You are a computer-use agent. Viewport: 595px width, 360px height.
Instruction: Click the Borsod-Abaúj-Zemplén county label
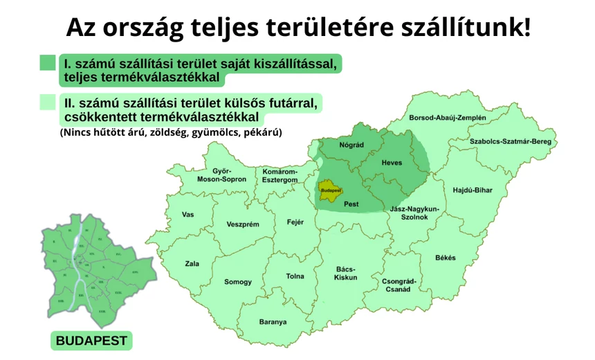(447, 118)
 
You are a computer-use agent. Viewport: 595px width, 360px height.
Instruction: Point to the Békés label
(446, 258)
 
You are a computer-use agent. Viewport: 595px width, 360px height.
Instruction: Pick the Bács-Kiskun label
(345, 273)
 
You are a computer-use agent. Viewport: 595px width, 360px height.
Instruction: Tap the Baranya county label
(273, 322)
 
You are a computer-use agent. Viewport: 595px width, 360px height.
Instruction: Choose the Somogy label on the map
(238, 282)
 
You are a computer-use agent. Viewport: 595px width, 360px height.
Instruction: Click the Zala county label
(192, 264)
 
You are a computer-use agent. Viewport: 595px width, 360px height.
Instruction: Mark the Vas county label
(187, 215)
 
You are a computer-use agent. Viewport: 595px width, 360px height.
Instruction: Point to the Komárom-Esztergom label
(280, 175)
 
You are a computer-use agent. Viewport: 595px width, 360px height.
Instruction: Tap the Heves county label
(391, 163)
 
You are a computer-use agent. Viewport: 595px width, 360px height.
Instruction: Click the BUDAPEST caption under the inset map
(91, 341)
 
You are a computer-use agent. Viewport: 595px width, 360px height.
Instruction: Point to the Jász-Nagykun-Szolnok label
(415, 213)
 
